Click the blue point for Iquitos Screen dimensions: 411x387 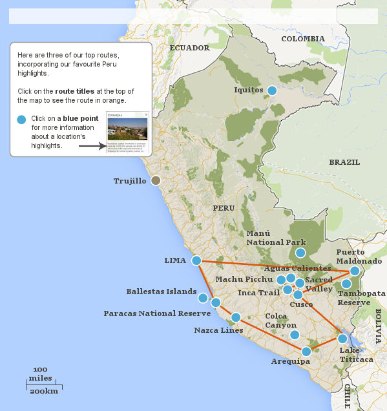pyautogui.click(x=272, y=90)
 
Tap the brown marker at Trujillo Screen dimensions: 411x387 pyautogui.click(x=156, y=181)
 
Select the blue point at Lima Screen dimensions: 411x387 pyautogui.click(x=196, y=260)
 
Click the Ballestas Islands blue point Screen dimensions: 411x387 pyautogui.click(x=203, y=298)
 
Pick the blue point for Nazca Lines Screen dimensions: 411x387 pyautogui.click(x=236, y=317)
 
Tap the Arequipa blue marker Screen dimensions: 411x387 pyautogui.click(x=306, y=352)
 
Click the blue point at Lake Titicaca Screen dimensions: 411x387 pyautogui.click(x=342, y=338)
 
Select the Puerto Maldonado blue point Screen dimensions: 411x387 pyautogui.click(x=354, y=271)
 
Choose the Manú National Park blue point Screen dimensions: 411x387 pyautogui.click(x=300, y=253)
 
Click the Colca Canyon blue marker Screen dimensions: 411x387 pyautogui.click(x=295, y=335)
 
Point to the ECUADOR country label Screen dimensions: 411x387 pyautogui.click(x=189, y=48)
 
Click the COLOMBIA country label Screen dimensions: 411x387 pyautogui.click(x=303, y=39)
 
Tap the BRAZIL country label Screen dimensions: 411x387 pyautogui.click(x=344, y=162)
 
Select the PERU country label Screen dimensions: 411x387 pyautogui.click(x=224, y=208)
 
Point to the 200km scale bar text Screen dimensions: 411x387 pyautogui.click(x=43, y=391)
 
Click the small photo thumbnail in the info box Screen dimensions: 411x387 pyautogui.click(x=127, y=129)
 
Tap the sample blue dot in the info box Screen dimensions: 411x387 pyautogui.click(x=21, y=119)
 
